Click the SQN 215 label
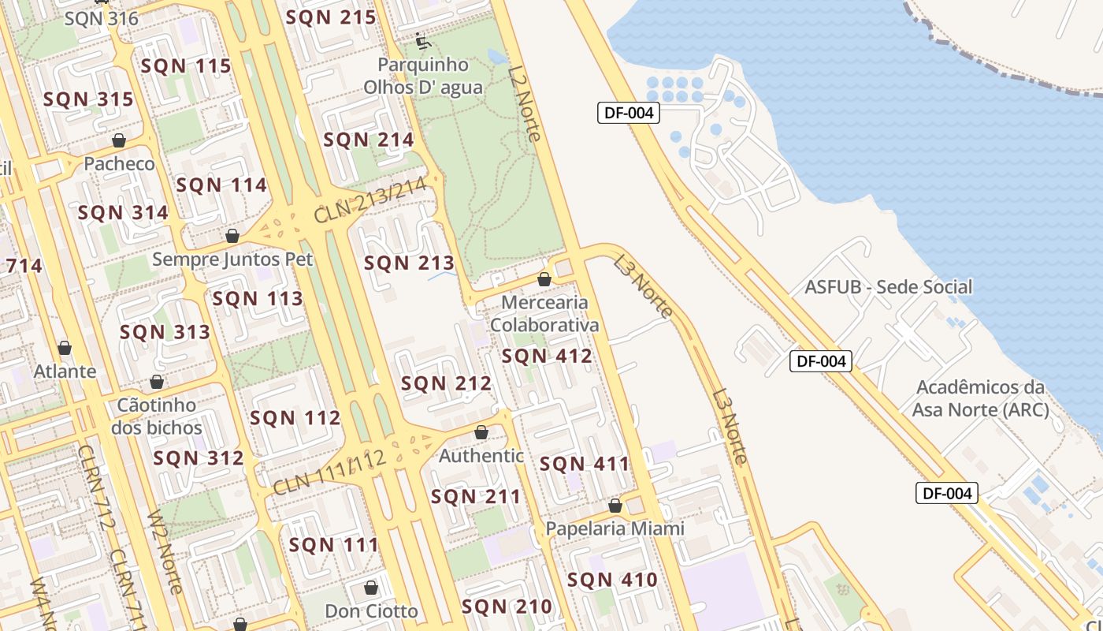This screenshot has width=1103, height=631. (x=331, y=17)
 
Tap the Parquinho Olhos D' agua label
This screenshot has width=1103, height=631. (x=423, y=76)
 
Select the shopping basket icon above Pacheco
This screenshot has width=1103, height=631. (x=119, y=140)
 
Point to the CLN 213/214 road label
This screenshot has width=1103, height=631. (x=370, y=200)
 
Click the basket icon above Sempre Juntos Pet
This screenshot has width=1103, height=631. (x=232, y=235)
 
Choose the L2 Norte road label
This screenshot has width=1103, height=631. (x=525, y=103)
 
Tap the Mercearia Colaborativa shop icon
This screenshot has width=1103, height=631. (x=544, y=278)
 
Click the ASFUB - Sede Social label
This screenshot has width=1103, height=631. (x=888, y=286)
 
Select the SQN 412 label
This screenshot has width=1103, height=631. (x=547, y=356)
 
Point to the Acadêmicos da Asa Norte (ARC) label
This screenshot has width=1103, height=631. (x=981, y=398)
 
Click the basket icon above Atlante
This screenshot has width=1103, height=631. (x=65, y=348)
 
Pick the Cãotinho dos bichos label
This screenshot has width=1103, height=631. (x=156, y=416)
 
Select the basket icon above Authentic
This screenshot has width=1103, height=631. (x=481, y=432)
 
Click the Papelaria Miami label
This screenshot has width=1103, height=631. (x=615, y=528)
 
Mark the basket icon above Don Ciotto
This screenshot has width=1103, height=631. (x=371, y=588)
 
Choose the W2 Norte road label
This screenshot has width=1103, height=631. (x=165, y=552)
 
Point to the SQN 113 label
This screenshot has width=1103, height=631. (x=258, y=298)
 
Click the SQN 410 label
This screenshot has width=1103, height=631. (x=612, y=580)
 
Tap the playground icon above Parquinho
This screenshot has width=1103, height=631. (x=422, y=39)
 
